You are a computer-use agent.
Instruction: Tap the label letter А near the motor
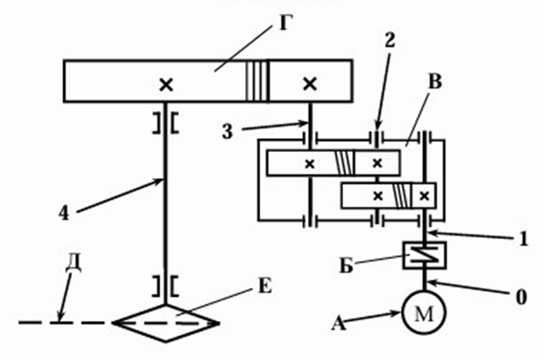tap(340, 325)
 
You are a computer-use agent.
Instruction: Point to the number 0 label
tap(522, 297)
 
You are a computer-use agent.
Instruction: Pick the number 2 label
tap(390, 38)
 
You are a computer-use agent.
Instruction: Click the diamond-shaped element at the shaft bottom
tap(166, 323)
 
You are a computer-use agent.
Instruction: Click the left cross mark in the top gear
tap(166, 84)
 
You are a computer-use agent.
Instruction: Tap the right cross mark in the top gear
tap(310, 82)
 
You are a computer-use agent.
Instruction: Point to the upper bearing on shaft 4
tap(166, 123)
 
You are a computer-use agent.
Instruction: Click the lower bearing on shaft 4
tap(166, 284)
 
